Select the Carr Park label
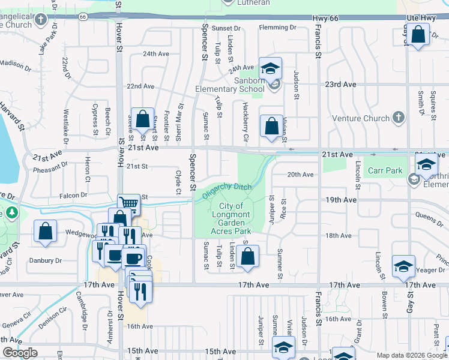385,170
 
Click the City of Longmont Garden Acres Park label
231,218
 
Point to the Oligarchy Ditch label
227,190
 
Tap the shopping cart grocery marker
129,203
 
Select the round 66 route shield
82,17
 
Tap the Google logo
20,353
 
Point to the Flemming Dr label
278,28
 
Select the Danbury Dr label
46,260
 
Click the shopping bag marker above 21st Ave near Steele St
143,120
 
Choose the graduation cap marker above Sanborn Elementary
270,68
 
